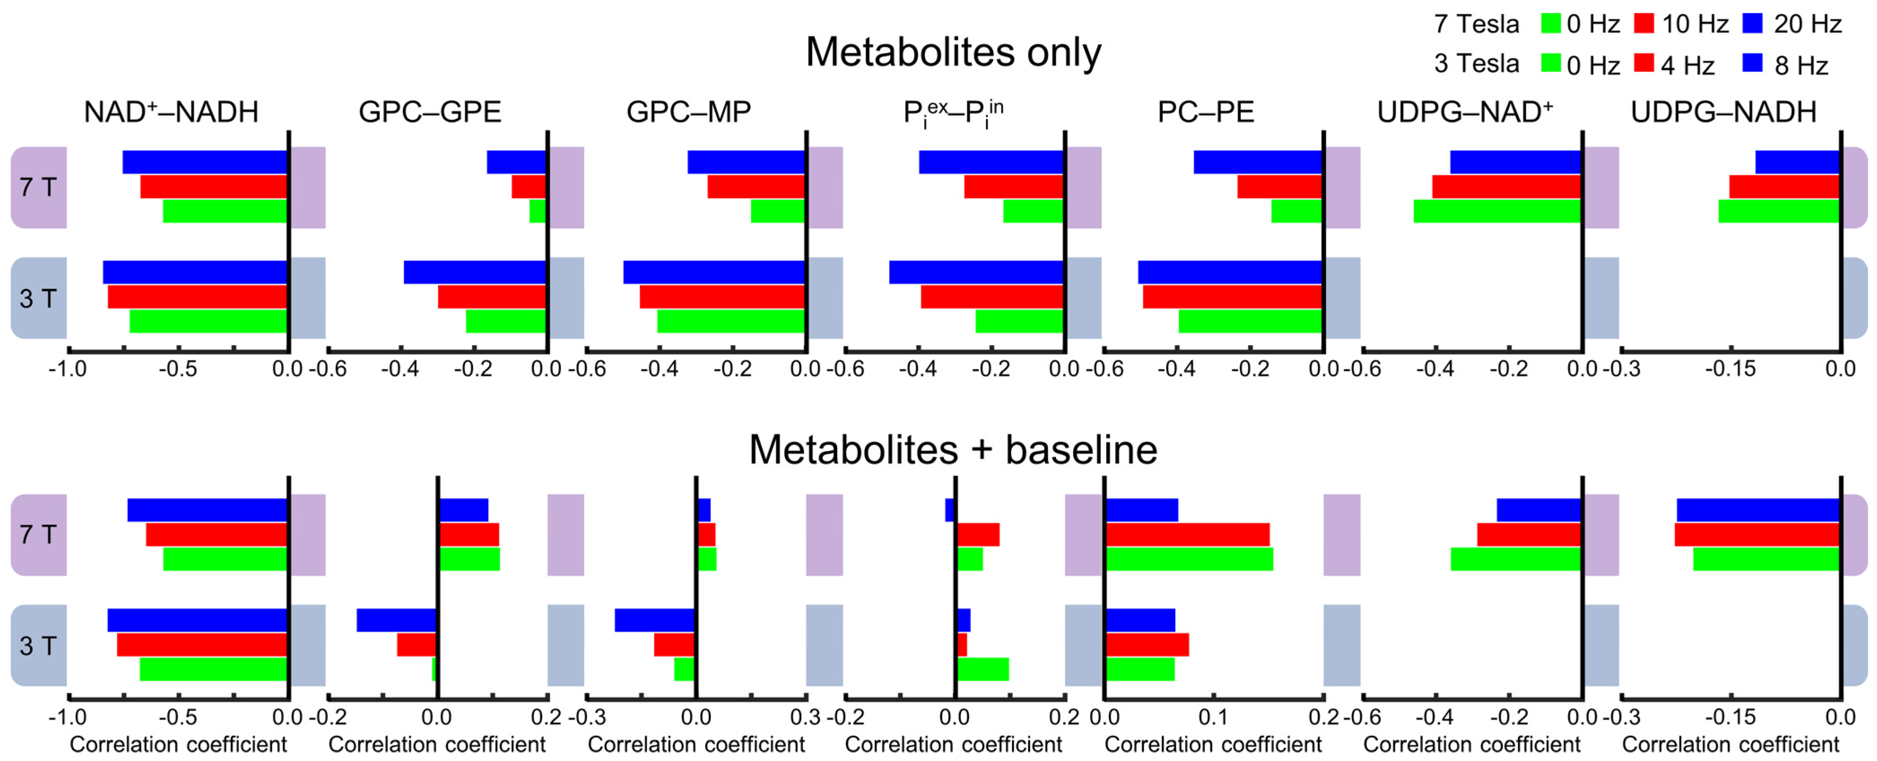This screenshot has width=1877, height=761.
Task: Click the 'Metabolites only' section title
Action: [x=953, y=52]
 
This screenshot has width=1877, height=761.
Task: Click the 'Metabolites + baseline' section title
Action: [x=953, y=450]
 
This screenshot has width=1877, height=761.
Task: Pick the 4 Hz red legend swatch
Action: [x=1644, y=64]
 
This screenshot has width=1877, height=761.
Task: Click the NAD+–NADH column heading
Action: [x=171, y=112]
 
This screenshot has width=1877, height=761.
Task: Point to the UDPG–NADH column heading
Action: [x=1723, y=112]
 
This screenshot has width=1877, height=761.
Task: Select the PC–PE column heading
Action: [x=1206, y=112]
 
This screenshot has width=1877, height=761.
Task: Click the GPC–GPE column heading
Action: [x=430, y=112]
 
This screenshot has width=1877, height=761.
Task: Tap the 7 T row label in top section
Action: [x=38, y=188]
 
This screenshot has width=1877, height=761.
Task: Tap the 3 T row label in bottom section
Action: [x=38, y=646]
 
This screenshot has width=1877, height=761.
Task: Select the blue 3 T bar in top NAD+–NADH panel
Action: [x=196, y=272]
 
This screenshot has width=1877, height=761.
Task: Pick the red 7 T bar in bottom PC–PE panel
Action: [x=1188, y=534]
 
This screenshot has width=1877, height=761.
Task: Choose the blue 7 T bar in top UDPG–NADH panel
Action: [x=1798, y=162]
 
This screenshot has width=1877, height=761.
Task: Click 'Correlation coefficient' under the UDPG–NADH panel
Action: [x=1730, y=745]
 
